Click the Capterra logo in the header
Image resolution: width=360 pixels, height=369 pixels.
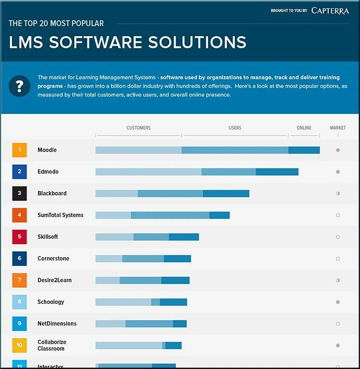click(x=330, y=11)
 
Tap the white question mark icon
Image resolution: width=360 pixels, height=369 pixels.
click(x=19, y=86)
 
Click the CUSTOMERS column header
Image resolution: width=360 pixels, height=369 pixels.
click(x=138, y=128)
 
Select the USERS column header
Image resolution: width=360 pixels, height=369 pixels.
click(x=235, y=128)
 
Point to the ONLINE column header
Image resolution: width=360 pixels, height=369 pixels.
click(x=304, y=128)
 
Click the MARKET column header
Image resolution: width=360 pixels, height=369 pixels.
click(x=338, y=128)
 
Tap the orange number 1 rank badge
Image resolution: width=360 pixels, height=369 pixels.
click(x=19, y=150)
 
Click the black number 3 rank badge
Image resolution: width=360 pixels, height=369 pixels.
click(x=19, y=193)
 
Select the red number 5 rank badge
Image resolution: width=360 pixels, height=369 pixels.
click(x=19, y=237)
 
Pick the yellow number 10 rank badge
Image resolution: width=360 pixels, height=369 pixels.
click(x=19, y=345)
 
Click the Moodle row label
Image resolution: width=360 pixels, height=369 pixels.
click(x=47, y=150)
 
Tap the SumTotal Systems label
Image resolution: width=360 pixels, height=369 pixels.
click(x=60, y=215)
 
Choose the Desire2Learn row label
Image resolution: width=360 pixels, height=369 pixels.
click(x=55, y=280)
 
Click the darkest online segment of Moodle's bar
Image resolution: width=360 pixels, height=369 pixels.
click(x=304, y=150)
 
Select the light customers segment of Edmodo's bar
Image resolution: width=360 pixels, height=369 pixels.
click(x=148, y=172)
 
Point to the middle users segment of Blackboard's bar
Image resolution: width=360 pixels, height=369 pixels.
click(x=170, y=193)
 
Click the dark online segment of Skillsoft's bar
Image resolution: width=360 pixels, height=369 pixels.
click(x=184, y=237)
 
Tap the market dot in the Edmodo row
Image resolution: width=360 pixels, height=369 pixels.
click(x=338, y=172)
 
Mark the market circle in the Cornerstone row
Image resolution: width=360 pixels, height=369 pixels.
click(x=338, y=259)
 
